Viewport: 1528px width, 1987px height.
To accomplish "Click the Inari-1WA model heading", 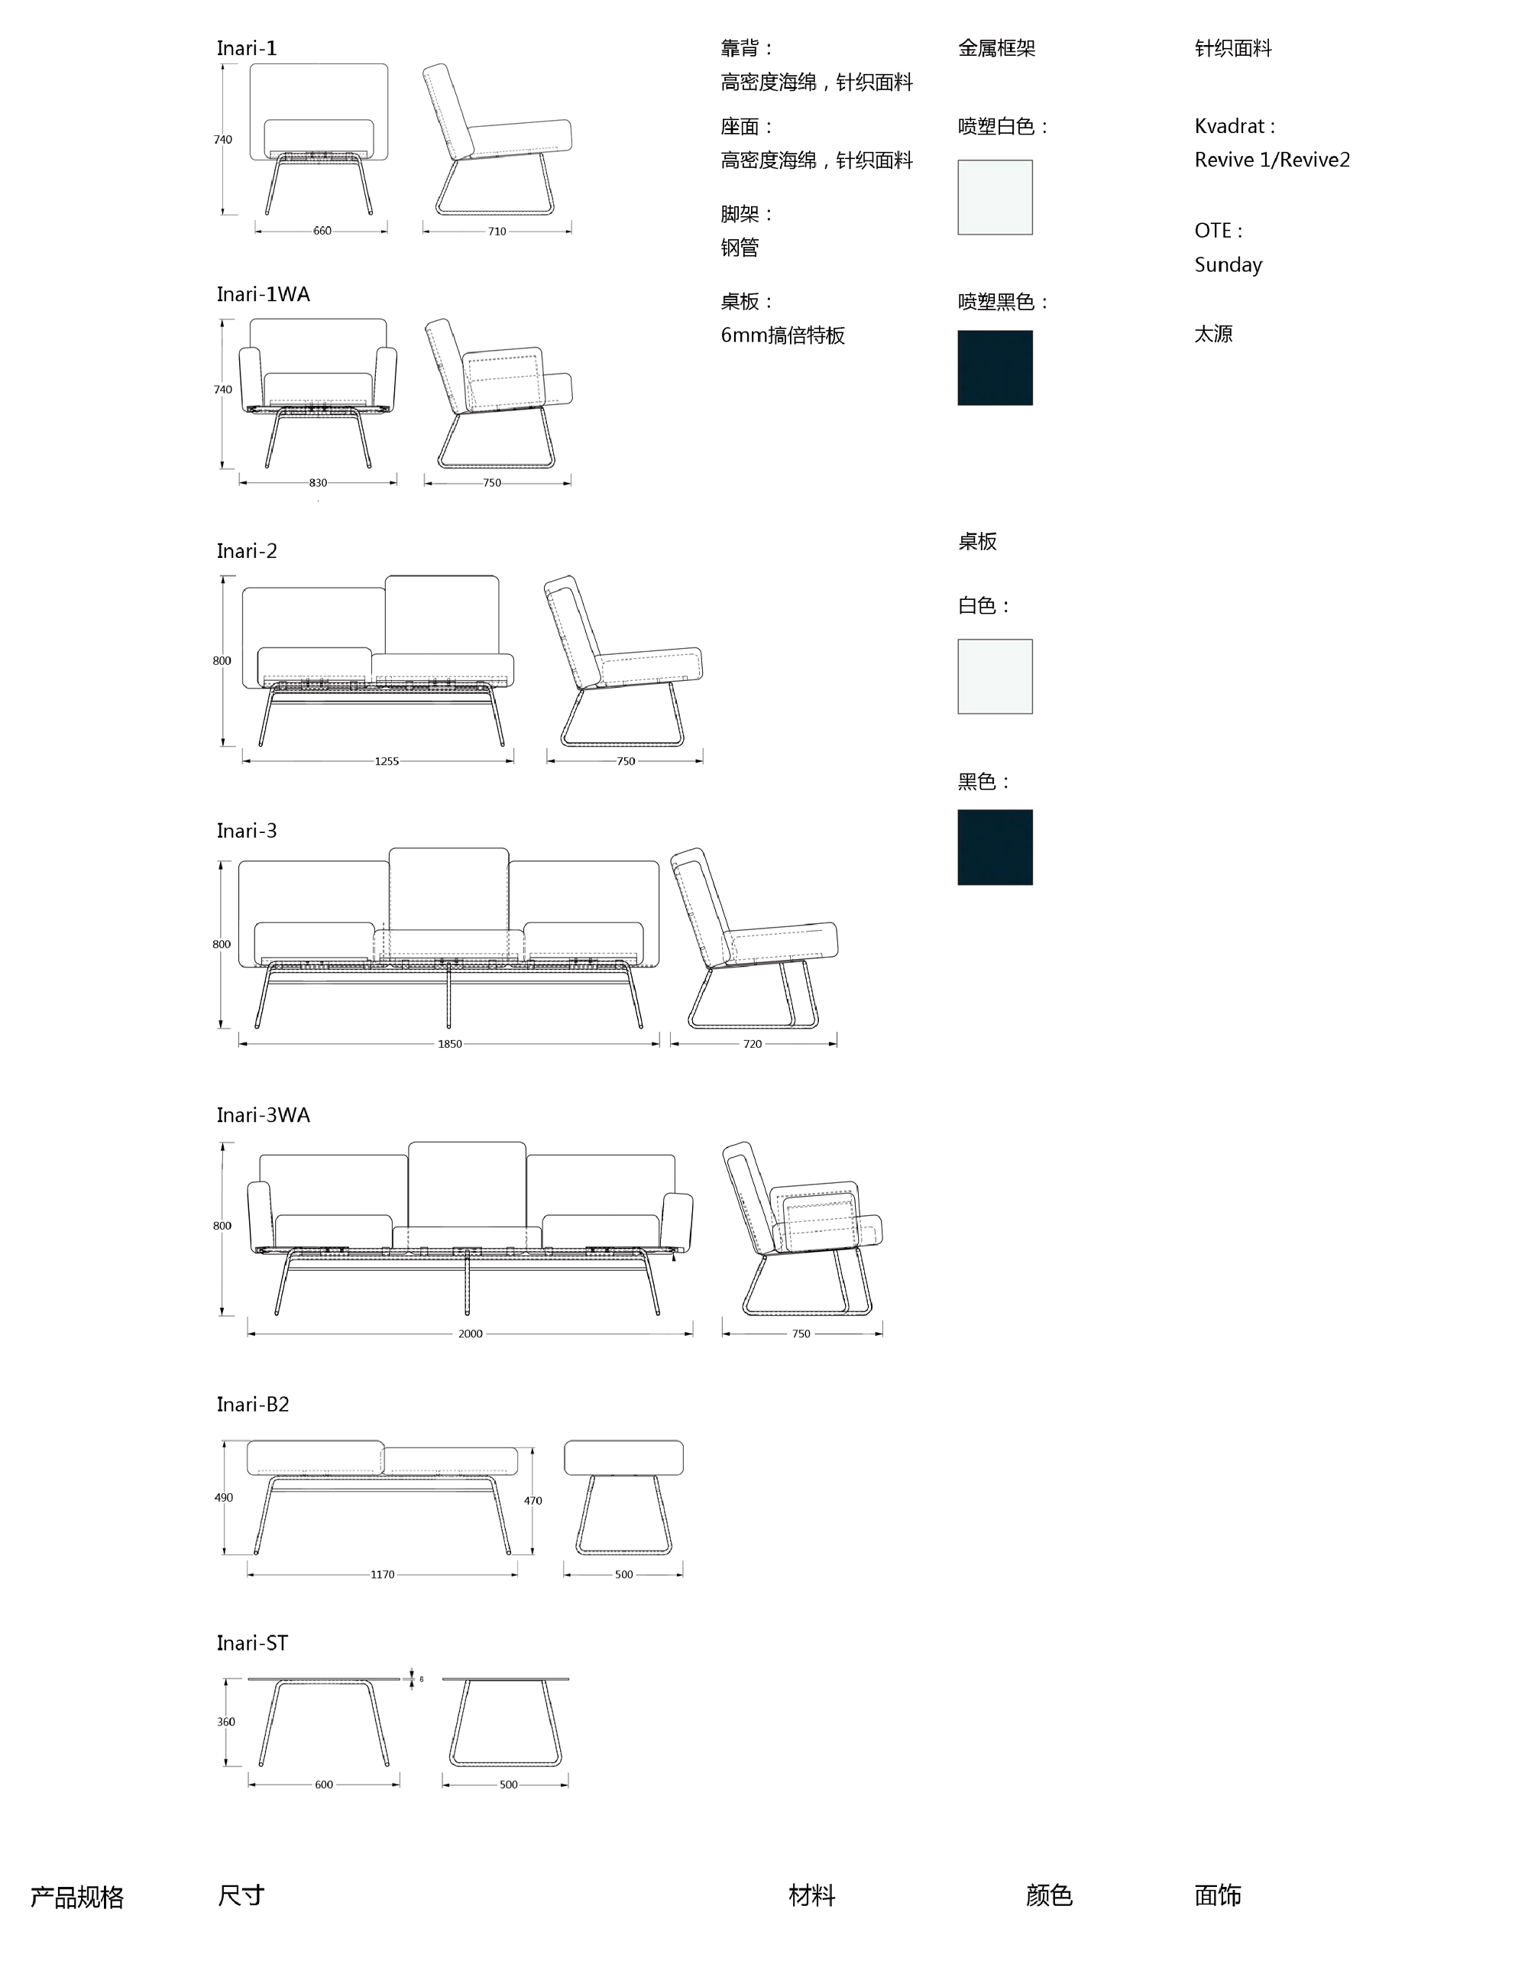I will click(x=263, y=294).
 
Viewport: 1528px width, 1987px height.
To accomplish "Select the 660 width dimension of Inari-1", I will click(x=322, y=231).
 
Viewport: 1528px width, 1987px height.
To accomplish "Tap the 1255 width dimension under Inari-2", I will click(x=387, y=761).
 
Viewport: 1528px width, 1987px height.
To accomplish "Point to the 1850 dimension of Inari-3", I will click(x=449, y=1045).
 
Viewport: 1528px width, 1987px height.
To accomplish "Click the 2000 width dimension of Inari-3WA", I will click(x=470, y=1334).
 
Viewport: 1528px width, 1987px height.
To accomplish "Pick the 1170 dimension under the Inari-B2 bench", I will click(x=382, y=1575).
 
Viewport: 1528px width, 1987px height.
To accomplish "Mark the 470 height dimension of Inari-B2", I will click(x=533, y=1501).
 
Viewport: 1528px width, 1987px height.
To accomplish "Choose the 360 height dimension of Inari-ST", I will click(x=225, y=1723).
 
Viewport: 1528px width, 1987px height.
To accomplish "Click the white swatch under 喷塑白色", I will click(x=995, y=197).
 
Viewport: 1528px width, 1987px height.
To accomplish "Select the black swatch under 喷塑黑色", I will click(x=995, y=368).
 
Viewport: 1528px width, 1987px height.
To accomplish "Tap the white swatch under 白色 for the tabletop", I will click(x=995, y=677).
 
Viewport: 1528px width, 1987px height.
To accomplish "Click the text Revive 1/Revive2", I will click(x=1271, y=160).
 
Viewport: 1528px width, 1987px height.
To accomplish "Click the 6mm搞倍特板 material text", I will click(x=782, y=335).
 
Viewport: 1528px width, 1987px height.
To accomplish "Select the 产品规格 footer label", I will click(x=76, y=1897).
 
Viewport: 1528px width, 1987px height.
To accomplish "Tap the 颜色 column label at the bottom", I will click(x=1049, y=1896).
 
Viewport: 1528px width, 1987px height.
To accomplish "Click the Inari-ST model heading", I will click(x=252, y=1643).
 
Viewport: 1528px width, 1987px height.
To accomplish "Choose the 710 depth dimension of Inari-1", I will click(x=497, y=231).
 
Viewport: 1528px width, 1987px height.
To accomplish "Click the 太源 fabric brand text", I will click(x=1213, y=334).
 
